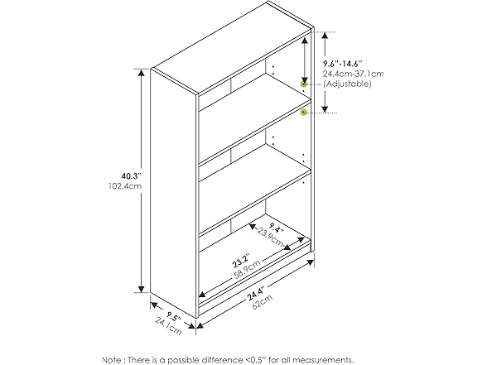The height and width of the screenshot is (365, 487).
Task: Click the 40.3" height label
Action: (x=131, y=176)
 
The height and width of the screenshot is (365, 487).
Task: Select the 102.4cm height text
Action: (x=125, y=186)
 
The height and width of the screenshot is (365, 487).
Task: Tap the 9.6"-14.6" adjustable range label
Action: (x=343, y=64)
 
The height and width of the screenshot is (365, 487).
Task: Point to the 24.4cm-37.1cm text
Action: (x=354, y=74)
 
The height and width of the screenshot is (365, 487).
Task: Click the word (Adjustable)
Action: (x=347, y=84)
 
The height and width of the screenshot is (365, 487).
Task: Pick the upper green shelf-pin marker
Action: (x=304, y=84)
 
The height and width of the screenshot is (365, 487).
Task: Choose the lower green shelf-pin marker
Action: (x=304, y=113)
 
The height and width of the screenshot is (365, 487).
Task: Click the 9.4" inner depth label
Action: (x=277, y=228)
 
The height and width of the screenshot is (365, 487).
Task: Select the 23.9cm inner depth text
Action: (x=270, y=237)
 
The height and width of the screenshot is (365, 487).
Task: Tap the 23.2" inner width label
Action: (x=241, y=261)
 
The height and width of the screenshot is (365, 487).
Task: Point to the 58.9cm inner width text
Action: (x=248, y=270)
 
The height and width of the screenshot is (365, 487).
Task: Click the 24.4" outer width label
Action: (x=256, y=294)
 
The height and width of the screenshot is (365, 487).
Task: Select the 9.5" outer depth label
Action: (x=173, y=316)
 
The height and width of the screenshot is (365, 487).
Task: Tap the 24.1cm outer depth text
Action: (x=168, y=326)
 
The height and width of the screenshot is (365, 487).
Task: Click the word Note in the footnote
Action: (x=113, y=360)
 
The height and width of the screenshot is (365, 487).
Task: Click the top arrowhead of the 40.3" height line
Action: (x=142, y=72)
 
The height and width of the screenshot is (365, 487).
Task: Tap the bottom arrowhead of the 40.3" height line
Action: (x=142, y=289)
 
